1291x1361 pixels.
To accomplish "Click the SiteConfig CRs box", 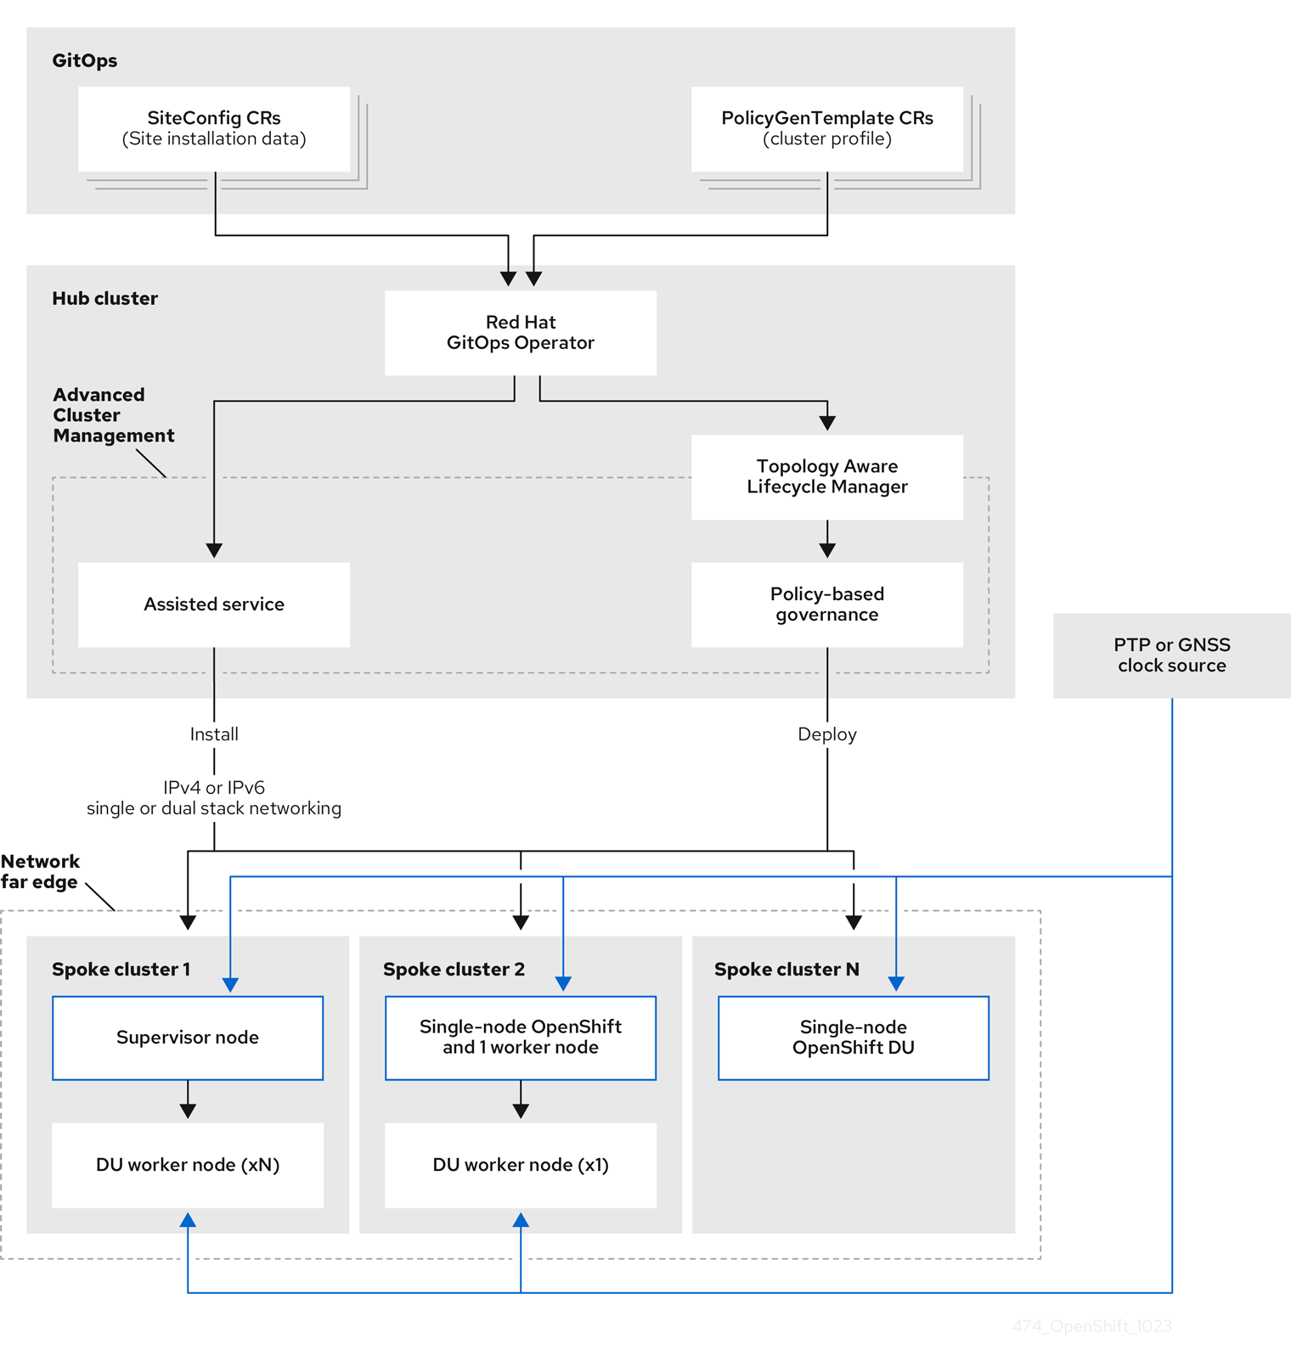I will pyautogui.click(x=214, y=129).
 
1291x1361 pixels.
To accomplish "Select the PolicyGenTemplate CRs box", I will pyautogui.click(x=826, y=129).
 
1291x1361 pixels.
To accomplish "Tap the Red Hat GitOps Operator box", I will pyautogui.click(x=520, y=333).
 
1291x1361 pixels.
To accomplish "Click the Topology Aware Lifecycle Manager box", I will pyautogui.click(x=826, y=477).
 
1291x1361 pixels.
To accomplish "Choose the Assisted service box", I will pyautogui.click(x=214, y=605).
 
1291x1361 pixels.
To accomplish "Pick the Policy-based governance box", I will pyautogui.click(x=826, y=605).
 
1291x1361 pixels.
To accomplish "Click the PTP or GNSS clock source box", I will pyautogui.click(x=1171, y=655).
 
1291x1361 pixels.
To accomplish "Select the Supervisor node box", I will pyautogui.click(x=188, y=1038).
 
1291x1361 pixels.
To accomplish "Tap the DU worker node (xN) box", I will pyautogui.click(x=188, y=1165).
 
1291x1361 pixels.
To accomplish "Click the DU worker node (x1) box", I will pyautogui.click(x=520, y=1165).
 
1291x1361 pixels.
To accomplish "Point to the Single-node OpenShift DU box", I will pyautogui.click(x=853, y=1038).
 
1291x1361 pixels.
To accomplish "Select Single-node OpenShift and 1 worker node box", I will pyautogui.click(x=520, y=1038).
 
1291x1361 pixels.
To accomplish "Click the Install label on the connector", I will pyautogui.click(x=214, y=734).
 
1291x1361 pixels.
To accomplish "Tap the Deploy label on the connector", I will pyautogui.click(x=826, y=734).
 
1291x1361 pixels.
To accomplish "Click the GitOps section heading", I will pyautogui.click(x=85, y=61).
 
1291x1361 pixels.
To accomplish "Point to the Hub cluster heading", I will pyautogui.click(x=104, y=299).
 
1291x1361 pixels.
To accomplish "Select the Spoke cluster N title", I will pyautogui.click(x=786, y=970).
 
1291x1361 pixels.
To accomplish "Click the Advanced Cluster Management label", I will pyautogui.click(x=112, y=415).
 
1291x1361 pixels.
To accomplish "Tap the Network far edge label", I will pyautogui.click(x=40, y=872).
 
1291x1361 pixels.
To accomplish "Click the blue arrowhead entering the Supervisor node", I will pyautogui.click(x=230, y=985).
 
